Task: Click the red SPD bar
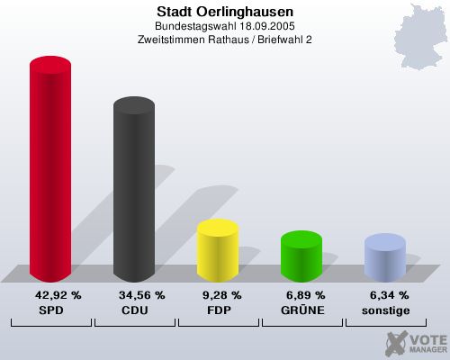(50, 171)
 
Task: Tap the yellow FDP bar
(217, 251)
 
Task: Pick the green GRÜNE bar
(301, 257)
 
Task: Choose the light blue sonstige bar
(384, 258)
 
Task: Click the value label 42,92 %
(58, 295)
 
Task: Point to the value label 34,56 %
(141, 295)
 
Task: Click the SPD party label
(51, 310)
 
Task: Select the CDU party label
(135, 310)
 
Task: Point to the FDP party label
(218, 310)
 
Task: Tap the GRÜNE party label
(301, 310)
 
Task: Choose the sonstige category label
(385, 310)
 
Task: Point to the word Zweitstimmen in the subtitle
(171, 40)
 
